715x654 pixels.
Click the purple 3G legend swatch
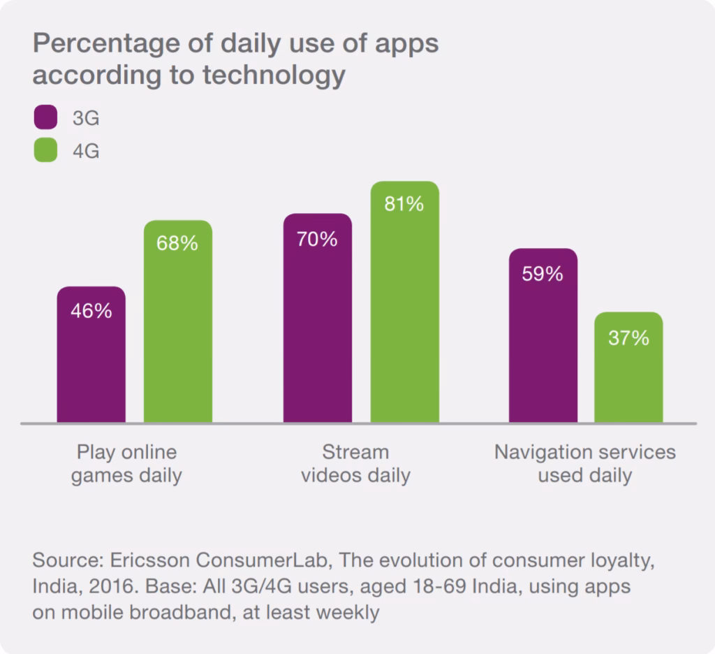point(45,117)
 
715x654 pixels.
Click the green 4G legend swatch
point(45,150)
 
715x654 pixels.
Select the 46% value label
point(91,311)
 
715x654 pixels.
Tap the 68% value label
point(177,244)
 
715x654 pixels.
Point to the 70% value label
point(317,239)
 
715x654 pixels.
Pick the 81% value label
point(404,204)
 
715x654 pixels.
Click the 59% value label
point(543,273)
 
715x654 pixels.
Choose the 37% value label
point(628,338)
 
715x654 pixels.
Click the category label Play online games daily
point(126,464)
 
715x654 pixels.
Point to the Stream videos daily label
point(355,464)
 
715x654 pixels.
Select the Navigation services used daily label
point(584,464)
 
